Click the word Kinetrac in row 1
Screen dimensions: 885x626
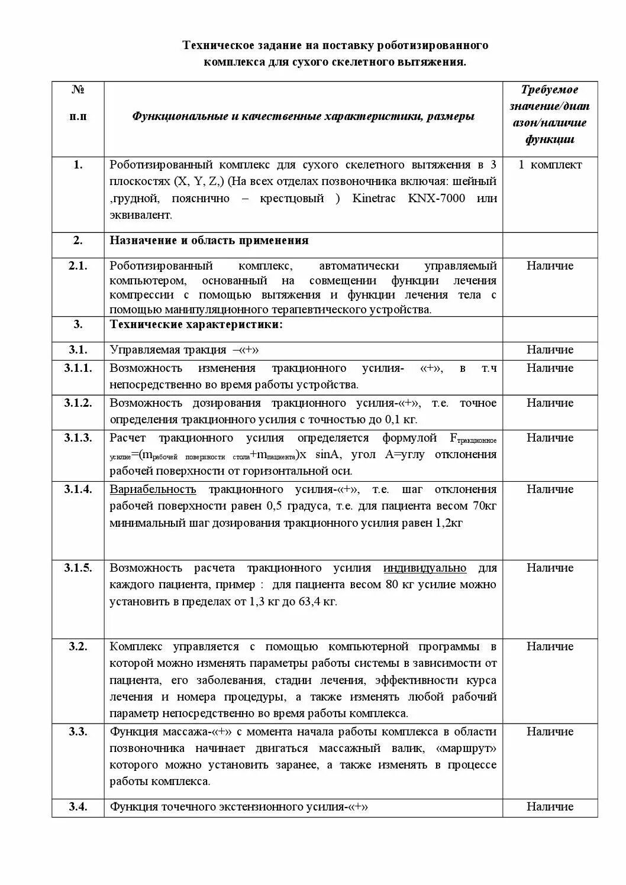[x=374, y=198]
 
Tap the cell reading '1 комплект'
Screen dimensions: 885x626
[x=550, y=165]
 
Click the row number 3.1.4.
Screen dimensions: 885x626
[x=78, y=489]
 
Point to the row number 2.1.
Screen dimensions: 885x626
[x=78, y=266]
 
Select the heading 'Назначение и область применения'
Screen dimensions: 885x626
[x=209, y=241]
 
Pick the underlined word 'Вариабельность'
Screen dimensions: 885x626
[x=153, y=489]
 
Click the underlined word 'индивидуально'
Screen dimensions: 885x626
[x=425, y=568]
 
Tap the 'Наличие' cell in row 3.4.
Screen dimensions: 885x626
[x=550, y=807]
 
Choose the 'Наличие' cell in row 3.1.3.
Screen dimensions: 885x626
[x=550, y=438]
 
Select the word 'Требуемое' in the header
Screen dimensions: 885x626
[x=550, y=90]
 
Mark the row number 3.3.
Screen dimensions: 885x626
[x=78, y=732]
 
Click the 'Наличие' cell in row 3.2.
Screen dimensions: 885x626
[x=550, y=647]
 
